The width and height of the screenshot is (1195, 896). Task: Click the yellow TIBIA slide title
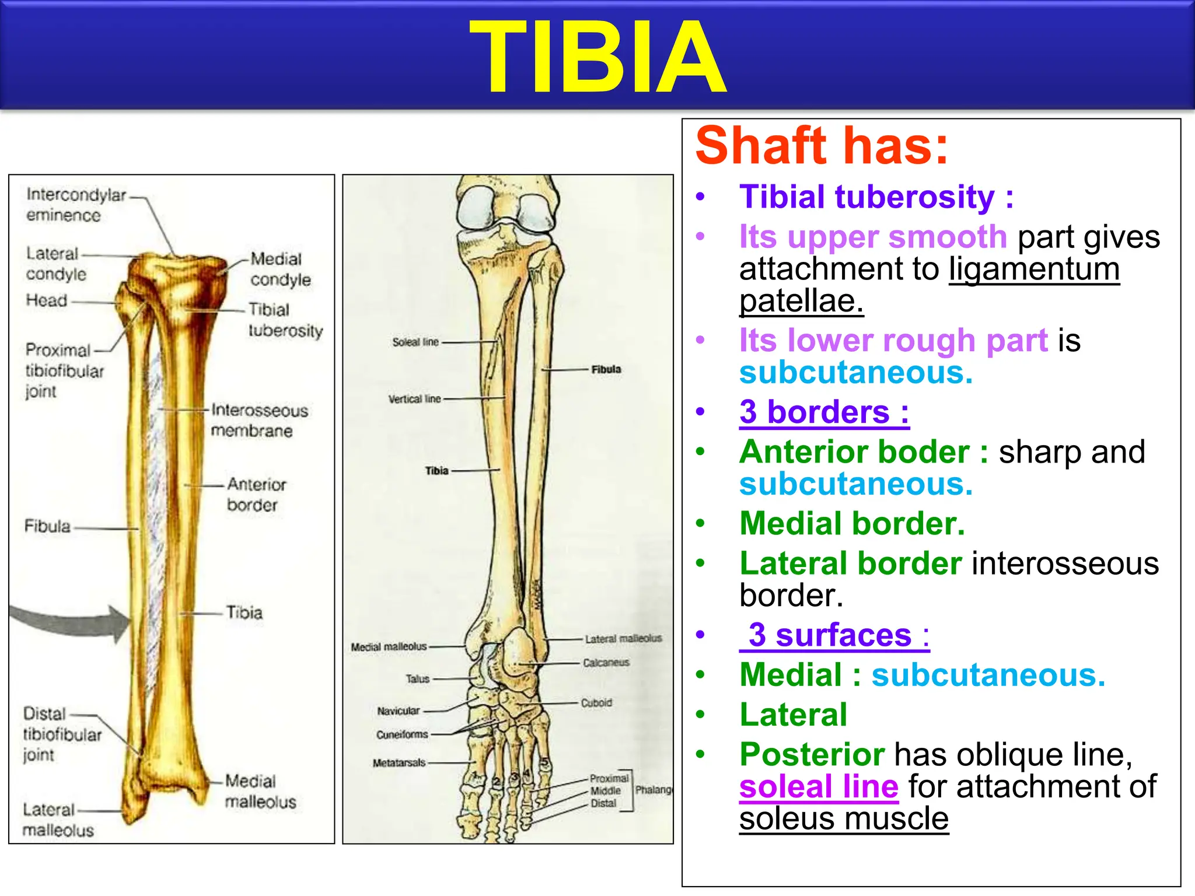(597, 57)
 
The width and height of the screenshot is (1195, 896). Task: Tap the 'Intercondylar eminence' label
(75, 205)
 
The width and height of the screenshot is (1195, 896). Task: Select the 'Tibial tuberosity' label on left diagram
(285, 320)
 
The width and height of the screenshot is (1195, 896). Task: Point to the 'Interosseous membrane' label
(258, 420)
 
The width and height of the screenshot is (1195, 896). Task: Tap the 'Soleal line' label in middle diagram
(415, 342)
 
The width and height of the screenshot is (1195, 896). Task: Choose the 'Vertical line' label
(414, 399)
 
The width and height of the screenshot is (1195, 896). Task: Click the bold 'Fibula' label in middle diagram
(606, 369)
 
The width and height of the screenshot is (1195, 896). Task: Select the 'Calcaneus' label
(606, 663)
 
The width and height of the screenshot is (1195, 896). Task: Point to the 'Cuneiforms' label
(401, 734)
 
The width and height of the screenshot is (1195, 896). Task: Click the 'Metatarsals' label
(399, 762)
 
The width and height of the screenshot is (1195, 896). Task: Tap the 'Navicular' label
(398, 711)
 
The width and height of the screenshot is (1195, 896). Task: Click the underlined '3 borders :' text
(824, 412)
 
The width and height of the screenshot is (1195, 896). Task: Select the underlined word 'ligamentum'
(1034, 269)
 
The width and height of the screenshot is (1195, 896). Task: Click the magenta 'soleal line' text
(818, 786)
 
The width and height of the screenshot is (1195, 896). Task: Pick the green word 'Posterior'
(812, 754)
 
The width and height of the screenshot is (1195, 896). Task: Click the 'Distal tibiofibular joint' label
(61, 734)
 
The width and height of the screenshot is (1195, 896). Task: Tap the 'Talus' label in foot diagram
(417, 679)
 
